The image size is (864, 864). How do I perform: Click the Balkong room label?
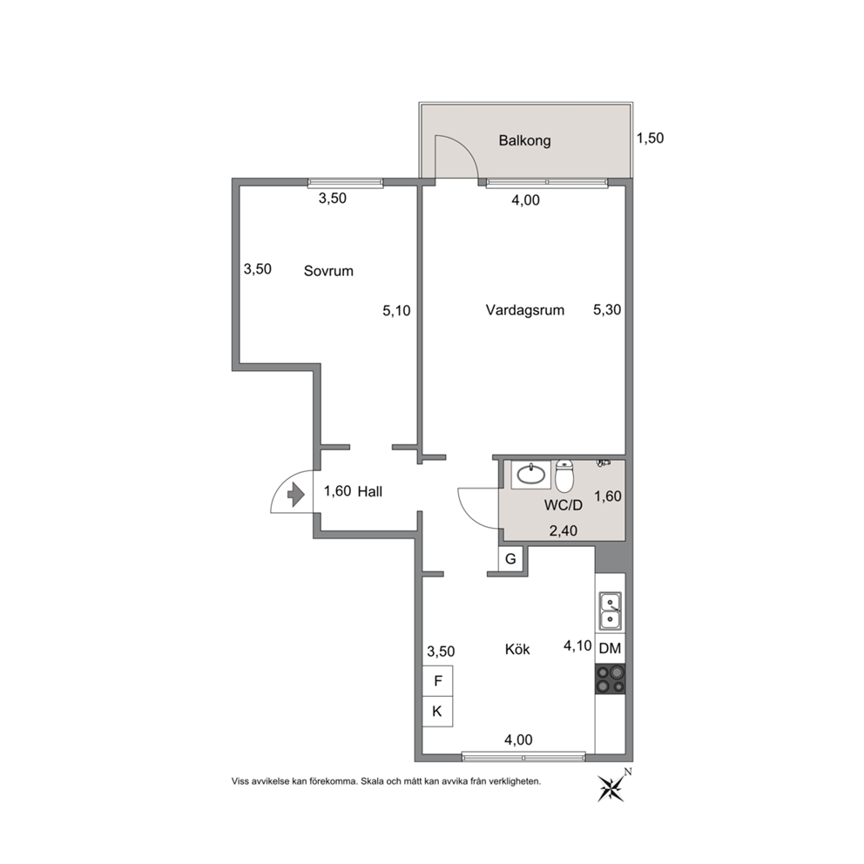point(524,140)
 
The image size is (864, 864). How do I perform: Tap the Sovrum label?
point(328,271)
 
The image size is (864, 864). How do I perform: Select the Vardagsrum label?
point(524,310)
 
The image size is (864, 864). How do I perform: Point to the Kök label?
point(517,649)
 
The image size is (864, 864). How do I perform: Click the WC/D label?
point(564,505)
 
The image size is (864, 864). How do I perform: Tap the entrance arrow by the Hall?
point(296,494)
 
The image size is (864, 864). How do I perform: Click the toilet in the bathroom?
point(564,476)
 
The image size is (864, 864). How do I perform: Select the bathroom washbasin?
point(531,475)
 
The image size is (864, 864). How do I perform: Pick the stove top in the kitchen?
point(611,678)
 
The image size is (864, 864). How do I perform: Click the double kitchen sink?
point(611,611)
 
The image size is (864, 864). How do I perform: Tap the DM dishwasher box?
point(610,649)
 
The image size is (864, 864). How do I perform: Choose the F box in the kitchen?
point(437,681)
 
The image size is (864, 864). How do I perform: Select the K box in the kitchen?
point(437,712)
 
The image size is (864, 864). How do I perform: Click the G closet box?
point(510,559)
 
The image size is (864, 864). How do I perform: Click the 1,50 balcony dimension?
point(651,138)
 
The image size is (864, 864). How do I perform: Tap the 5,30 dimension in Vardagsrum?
point(607,310)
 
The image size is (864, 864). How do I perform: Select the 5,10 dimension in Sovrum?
point(397,311)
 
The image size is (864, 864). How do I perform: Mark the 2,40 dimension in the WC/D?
point(564,530)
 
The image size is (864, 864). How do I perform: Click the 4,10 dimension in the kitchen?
point(577,645)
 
